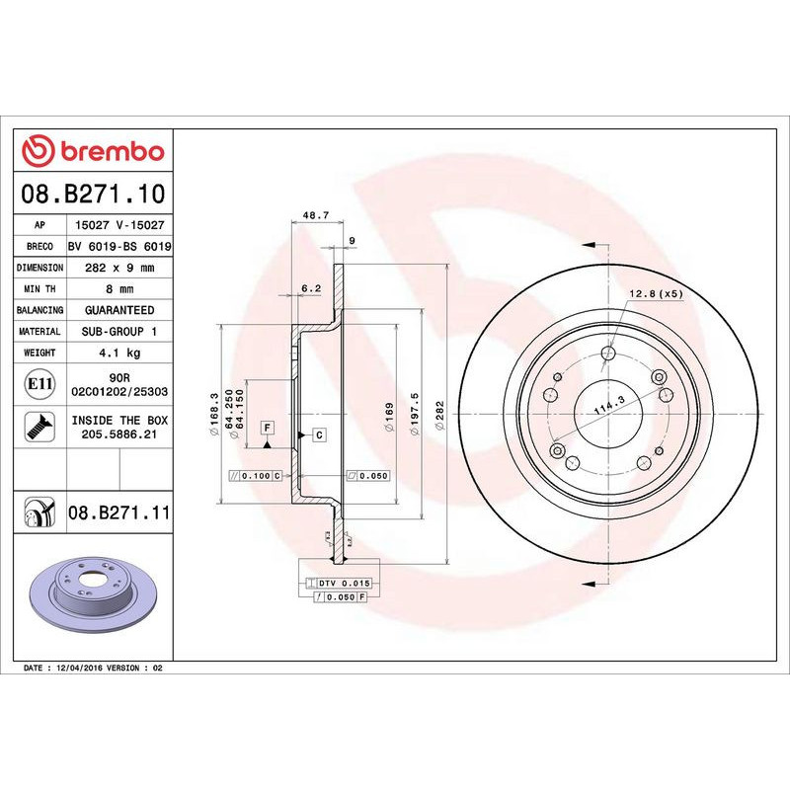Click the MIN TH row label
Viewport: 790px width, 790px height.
(40, 289)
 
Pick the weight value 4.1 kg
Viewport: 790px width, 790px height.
(119, 353)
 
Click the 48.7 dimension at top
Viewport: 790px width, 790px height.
(314, 214)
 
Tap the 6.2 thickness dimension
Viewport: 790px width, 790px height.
(310, 288)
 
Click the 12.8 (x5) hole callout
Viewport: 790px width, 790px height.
(656, 293)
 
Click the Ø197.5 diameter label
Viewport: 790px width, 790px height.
(416, 408)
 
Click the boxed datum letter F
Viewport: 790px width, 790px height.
(267, 427)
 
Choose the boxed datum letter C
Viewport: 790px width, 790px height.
(320, 434)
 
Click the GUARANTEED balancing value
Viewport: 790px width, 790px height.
(119, 310)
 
